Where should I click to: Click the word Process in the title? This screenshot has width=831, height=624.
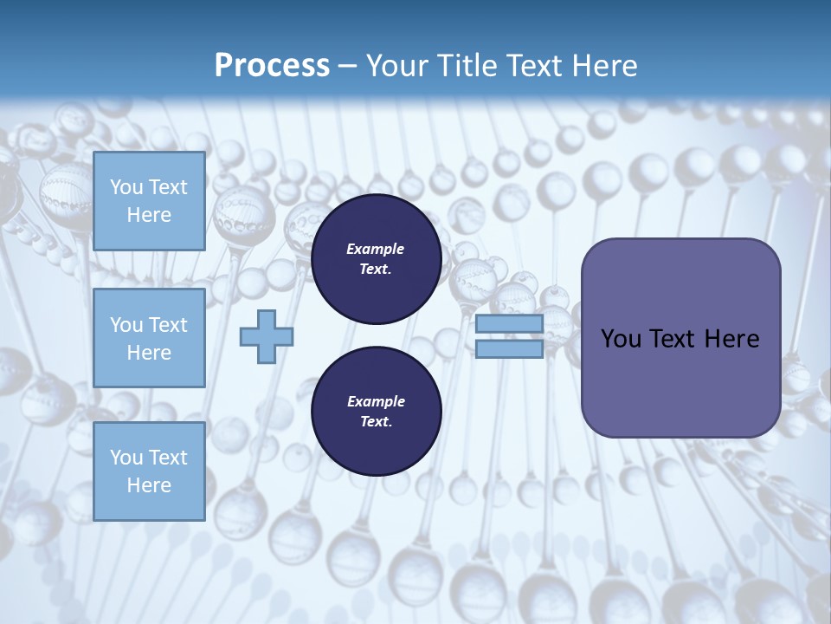coord(272,66)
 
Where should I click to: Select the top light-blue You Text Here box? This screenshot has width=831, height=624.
coord(149,201)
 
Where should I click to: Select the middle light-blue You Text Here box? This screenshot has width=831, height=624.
coord(149,338)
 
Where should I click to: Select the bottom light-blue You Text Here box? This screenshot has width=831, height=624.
coord(149,471)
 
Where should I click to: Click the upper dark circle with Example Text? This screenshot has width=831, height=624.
coord(376,259)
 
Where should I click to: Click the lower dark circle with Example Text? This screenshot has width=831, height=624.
coord(376,412)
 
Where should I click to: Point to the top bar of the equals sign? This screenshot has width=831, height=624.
coord(509,325)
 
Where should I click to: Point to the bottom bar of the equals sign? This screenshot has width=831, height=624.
coord(509,349)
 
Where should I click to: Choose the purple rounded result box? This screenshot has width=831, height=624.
coord(680,338)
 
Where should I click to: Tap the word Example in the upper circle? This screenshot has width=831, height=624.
coord(376,250)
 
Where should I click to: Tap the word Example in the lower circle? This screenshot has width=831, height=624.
coord(376,402)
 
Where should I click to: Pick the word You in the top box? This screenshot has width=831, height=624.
coord(126,187)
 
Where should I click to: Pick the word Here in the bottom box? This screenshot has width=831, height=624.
coord(149,485)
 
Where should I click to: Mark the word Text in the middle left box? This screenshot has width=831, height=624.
coord(167,325)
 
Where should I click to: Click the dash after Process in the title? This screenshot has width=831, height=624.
coord(348,66)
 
